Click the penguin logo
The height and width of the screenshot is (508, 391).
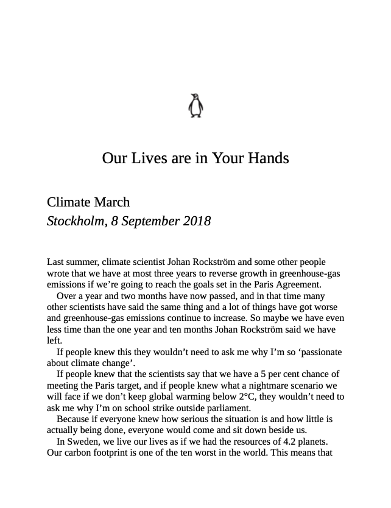pos(195,105)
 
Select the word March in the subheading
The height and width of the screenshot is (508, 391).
pos(111,202)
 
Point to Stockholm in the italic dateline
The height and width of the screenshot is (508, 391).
pos(75,220)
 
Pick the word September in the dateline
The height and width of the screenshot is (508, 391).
pos(149,220)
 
